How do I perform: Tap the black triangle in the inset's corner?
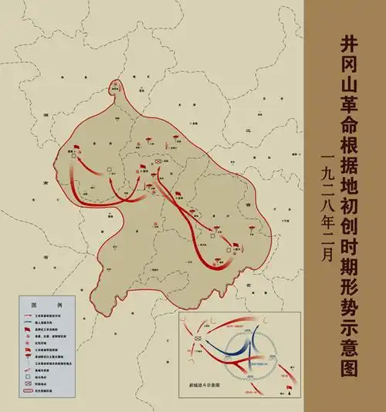(x=289, y=392)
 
